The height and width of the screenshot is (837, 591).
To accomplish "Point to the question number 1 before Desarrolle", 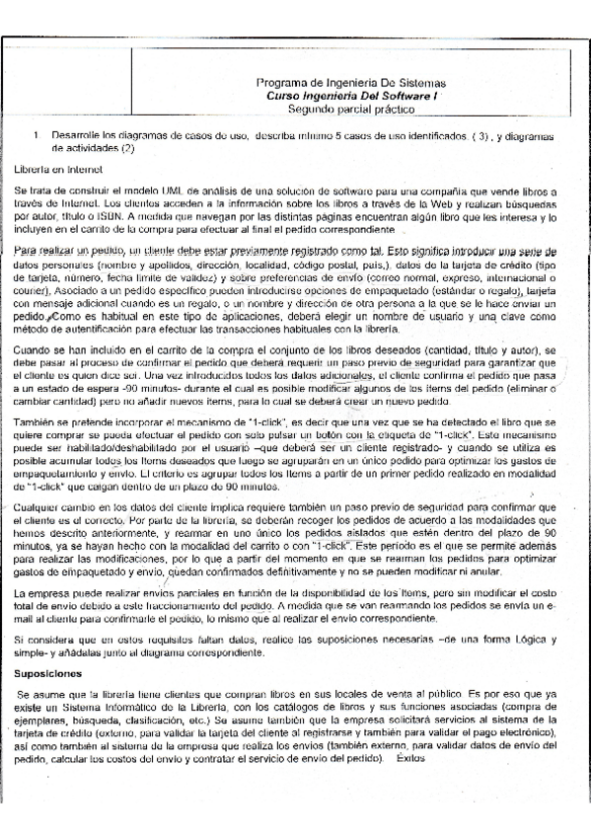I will pyautogui.click(x=36, y=133).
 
